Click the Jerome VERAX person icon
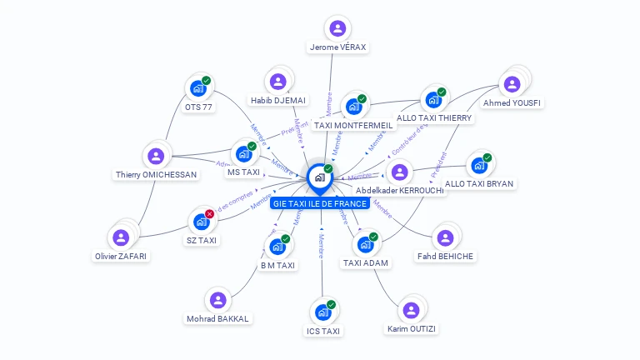tap(337, 28)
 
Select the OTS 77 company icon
tap(198, 87)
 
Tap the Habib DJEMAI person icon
tap(278, 81)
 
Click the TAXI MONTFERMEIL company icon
tap(353, 106)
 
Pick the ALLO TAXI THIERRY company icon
tap(433, 99)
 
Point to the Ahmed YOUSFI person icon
tap(512, 83)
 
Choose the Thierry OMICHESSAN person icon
tap(156, 156)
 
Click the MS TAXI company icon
tap(244, 153)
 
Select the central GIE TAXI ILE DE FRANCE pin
tap(320, 177)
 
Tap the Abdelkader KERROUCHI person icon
tap(400, 172)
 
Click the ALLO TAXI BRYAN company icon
tap(479, 164)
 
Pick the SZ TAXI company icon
tap(201, 221)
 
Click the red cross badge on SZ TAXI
tap(210, 213)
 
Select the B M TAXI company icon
tap(277, 246)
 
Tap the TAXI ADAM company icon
tap(365, 244)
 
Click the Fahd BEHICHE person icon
tap(445, 237)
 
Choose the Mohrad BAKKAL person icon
tap(217, 299)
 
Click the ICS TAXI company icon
tap(322, 312)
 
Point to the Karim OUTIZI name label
tap(412, 328)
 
